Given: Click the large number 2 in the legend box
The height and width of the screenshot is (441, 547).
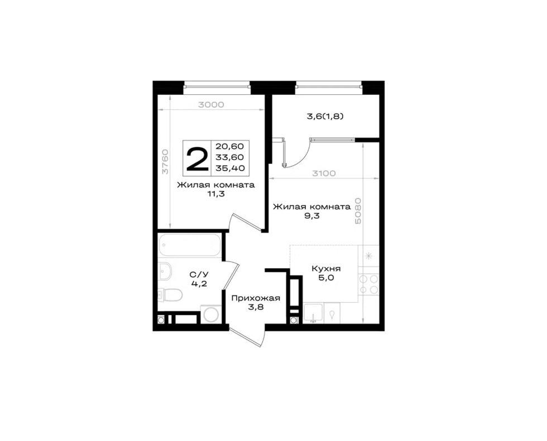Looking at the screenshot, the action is pyautogui.click(x=197, y=159).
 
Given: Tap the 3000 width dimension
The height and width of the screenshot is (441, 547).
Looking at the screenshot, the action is pyautogui.click(x=211, y=104).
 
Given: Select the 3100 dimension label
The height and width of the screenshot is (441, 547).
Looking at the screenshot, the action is pyautogui.click(x=323, y=173).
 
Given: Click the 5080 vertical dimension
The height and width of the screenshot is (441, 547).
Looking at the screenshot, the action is pyautogui.click(x=358, y=211).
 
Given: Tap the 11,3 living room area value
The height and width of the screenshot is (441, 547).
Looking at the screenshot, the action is pyautogui.click(x=216, y=194).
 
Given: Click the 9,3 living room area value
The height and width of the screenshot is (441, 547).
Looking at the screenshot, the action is pyautogui.click(x=312, y=216).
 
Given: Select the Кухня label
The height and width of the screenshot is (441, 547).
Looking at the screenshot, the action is pyautogui.click(x=326, y=269).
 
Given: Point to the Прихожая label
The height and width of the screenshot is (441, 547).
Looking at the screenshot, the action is pyautogui.click(x=256, y=298).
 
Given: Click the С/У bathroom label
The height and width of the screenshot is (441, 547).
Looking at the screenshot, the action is pyautogui.click(x=199, y=274).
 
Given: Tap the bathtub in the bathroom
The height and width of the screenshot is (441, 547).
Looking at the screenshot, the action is pyautogui.click(x=190, y=245).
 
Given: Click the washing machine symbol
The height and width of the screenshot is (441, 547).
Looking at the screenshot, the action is pyautogui.click(x=210, y=314).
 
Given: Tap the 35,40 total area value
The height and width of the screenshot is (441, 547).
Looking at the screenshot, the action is pyautogui.click(x=229, y=168).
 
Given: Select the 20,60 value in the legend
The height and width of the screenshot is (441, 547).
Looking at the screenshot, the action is pyautogui.click(x=229, y=146).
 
